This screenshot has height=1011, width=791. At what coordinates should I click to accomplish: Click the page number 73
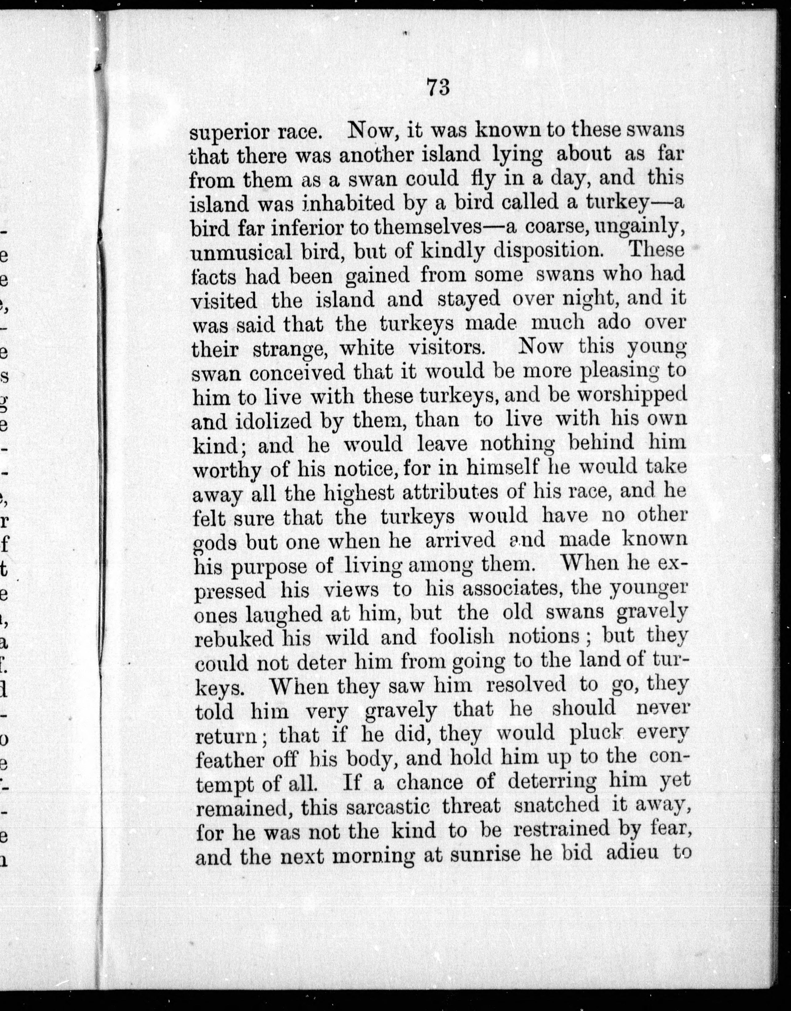click(x=438, y=87)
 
